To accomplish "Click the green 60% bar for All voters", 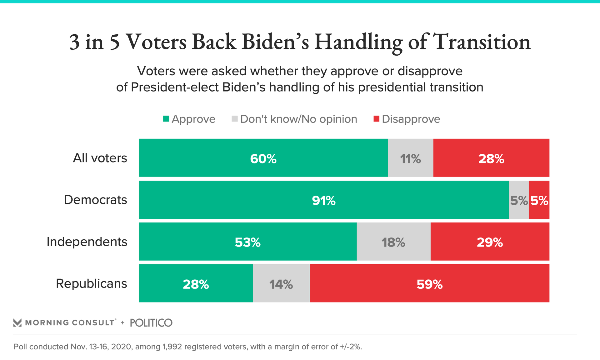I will pyautogui.click(x=263, y=158).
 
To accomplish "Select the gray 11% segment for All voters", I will pyautogui.click(x=410, y=158).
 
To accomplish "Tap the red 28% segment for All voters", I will pyautogui.click(x=491, y=158).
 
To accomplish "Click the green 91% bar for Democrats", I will pyautogui.click(x=323, y=200).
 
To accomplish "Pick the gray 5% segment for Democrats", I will pyautogui.click(x=519, y=200).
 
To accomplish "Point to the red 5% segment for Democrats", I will pyautogui.click(x=539, y=200).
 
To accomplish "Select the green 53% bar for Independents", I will pyautogui.click(x=247, y=242).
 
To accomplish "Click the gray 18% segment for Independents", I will pyautogui.click(x=393, y=242).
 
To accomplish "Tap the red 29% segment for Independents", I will pyautogui.click(x=490, y=242).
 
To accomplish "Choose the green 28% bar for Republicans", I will pyautogui.click(x=196, y=283).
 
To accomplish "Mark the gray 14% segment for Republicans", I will pyautogui.click(x=281, y=283).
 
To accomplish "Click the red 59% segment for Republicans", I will pyautogui.click(x=429, y=283).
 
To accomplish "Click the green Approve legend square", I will pyautogui.click(x=166, y=119).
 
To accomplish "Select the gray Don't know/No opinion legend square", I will pyautogui.click(x=235, y=119).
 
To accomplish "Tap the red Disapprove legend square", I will pyautogui.click(x=377, y=119).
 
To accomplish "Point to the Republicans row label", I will pyautogui.click(x=91, y=283).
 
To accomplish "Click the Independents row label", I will pyautogui.click(x=87, y=242).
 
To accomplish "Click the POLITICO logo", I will pyautogui.click(x=151, y=323).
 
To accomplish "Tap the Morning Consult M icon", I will pyautogui.click(x=17, y=323).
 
